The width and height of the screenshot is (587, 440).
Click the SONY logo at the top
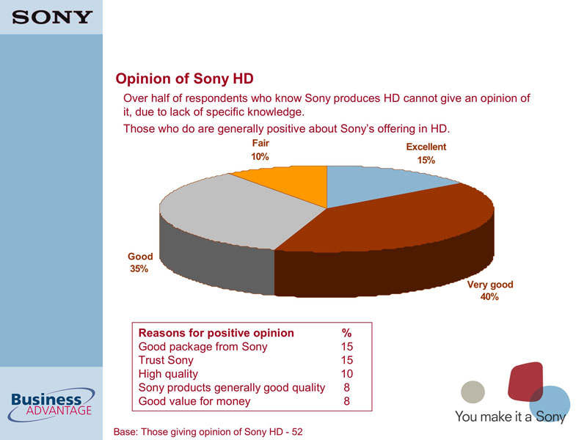(x=52, y=17)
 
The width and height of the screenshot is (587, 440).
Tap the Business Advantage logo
(x=51, y=405)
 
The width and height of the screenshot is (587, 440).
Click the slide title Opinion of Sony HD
(x=185, y=78)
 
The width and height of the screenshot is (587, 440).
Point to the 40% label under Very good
(x=489, y=297)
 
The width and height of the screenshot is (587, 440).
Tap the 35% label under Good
(x=139, y=269)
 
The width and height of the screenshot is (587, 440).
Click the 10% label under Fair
(x=260, y=157)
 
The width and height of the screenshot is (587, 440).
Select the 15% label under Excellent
(x=426, y=161)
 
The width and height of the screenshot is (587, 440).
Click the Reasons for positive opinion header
(x=216, y=333)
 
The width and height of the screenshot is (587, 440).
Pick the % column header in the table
(x=346, y=333)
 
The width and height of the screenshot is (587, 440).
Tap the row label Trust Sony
(x=166, y=360)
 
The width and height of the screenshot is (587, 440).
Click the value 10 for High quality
(x=346, y=374)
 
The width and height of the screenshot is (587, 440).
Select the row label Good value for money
(x=194, y=401)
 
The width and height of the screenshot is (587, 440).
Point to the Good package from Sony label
(x=203, y=347)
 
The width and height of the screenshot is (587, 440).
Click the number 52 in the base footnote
(x=297, y=432)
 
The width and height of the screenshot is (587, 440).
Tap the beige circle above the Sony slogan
(x=473, y=392)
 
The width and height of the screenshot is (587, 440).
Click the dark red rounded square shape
(x=525, y=381)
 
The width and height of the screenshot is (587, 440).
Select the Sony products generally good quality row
(x=232, y=388)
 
